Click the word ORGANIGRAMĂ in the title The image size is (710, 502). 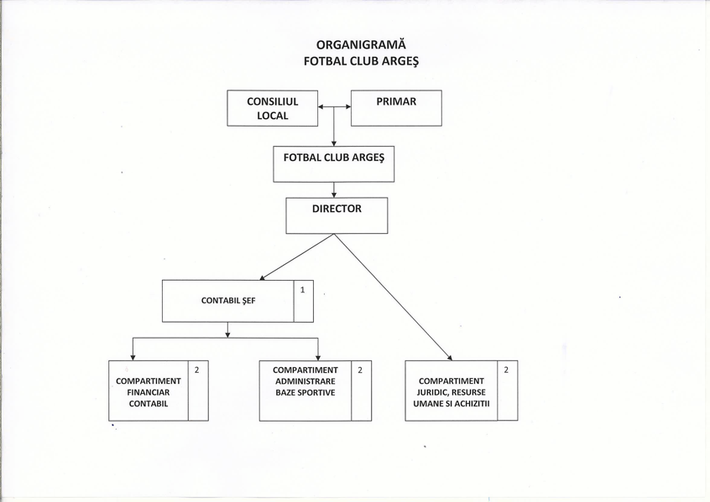click(x=361, y=44)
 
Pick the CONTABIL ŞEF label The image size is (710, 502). click(x=228, y=301)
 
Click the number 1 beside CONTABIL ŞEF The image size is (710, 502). click(x=302, y=290)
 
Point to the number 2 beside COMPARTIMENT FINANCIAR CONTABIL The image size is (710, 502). click(x=197, y=370)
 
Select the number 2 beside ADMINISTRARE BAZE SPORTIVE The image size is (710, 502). click(x=360, y=370)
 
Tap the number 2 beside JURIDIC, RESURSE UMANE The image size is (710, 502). click(x=506, y=370)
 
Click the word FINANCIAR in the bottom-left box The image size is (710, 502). click(x=148, y=392)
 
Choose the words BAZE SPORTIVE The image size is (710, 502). click(x=305, y=392)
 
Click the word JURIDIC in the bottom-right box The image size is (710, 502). click(x=432, y=392)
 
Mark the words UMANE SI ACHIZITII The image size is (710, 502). click(x=452, y=403)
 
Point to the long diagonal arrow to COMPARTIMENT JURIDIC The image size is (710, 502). click(x=393, y=298)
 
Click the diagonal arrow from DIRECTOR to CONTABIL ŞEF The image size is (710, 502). click(x=296, y=257)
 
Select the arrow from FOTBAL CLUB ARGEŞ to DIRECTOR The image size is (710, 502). click(x=334, y=190)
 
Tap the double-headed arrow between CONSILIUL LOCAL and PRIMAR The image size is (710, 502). click(x=334, y=106)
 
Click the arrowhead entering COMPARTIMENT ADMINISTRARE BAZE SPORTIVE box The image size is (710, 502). click(x=318, y=357)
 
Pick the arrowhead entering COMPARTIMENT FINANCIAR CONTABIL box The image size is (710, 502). click(x=133, y=357)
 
